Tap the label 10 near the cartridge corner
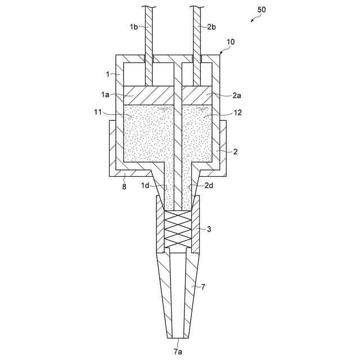tap(231, 42)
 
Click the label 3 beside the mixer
tap(209, 229)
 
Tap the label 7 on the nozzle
tap(203, 287)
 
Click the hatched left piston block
tap(148, 95)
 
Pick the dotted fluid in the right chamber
tap(198, 135)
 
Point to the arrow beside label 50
tap(256, 19)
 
